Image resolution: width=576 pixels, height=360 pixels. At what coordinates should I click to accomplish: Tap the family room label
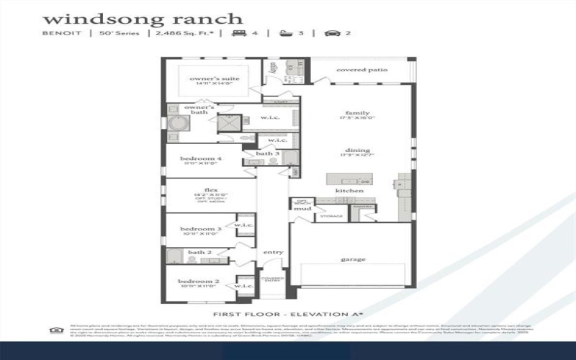coord(357,113)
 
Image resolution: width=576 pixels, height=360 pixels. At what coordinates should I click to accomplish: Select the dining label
coord(357,152)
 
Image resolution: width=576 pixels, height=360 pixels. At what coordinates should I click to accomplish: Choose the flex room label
coord(211,190)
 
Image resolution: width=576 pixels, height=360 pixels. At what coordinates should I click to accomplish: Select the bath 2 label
coord(199,253)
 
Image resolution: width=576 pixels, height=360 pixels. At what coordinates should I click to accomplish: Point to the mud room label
coord(307,209)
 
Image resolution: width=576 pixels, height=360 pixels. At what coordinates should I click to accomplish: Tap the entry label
coord(273,252)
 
